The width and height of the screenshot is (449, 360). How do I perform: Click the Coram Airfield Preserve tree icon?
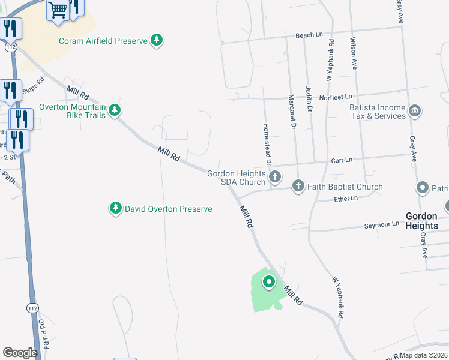click(157, 41)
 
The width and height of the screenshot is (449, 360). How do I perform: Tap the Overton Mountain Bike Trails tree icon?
click(115, 110)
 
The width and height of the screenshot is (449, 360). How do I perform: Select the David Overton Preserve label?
click(168, 209)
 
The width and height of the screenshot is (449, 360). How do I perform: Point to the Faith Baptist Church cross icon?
click(298, 186)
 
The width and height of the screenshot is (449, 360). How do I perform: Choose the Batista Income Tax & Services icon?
click(414, 110)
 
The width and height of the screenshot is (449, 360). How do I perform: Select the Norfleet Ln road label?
click(336, 96)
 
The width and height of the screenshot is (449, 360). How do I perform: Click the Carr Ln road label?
click(342, 160)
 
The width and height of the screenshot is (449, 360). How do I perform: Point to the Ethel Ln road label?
click(346, 198)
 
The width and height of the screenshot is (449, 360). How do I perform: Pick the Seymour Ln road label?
click(382, 224)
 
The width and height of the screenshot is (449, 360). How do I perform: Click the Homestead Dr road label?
click(267, 144)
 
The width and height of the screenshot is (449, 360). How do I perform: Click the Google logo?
click(20, 353)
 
